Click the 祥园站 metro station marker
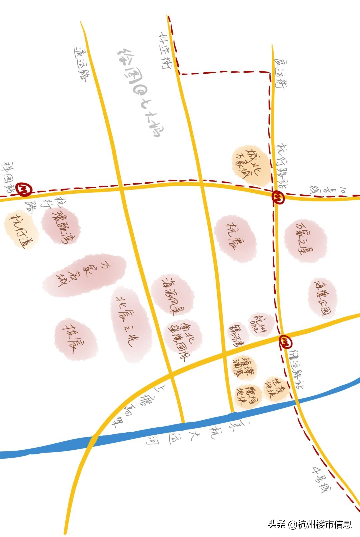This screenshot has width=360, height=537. (25, 190)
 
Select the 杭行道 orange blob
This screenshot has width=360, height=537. (21, 228)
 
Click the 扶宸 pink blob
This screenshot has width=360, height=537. (76, 339)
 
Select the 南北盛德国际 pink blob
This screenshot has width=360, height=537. (183, 338)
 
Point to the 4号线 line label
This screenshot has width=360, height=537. (322, 480)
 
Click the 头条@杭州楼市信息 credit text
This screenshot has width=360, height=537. (310, 524)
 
